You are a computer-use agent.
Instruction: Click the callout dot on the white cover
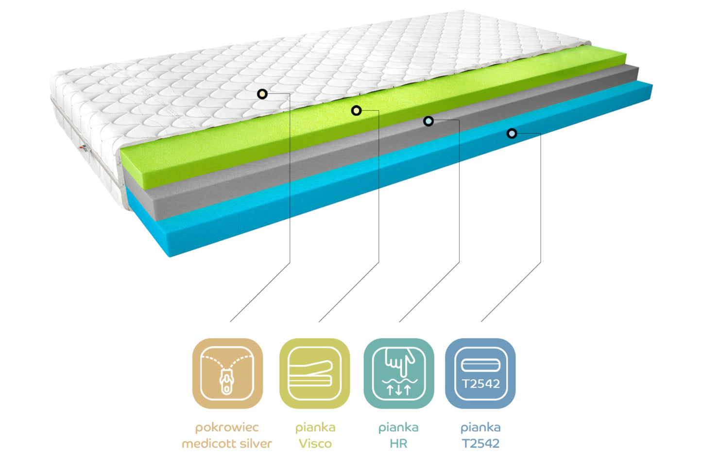click(x=262, y=94)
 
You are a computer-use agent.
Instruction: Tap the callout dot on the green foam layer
click(x=357, y=111)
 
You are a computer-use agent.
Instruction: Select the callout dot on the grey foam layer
click(x=428, y=121)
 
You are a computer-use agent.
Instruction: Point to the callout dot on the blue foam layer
click(x=512, y=133)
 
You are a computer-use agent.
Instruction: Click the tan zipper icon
click(x=227, y=373)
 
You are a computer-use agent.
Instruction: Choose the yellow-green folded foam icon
click(x=314, y=373)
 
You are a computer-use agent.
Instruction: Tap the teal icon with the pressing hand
click(x=398, y=373)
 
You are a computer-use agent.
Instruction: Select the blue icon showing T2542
click(x=480, y=373)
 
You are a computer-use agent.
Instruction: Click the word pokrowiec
click(x=227, y=428)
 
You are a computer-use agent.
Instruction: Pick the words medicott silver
click(x=227, y=443)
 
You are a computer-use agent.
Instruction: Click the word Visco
click(x=315, y=443)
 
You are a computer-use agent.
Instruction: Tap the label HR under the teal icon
click(x=398, y=443)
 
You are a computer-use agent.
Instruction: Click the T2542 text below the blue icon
click(x=480, y=443)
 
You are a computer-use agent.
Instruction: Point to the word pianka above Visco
click(x=315, y=428)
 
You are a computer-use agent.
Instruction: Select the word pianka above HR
click(x=398, y=428)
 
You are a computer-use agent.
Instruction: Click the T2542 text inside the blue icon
click(x=480, y=384)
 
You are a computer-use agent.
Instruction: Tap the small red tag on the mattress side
click(x=83, y=146)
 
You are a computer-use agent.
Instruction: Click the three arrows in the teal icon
click(x=399, y=389)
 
